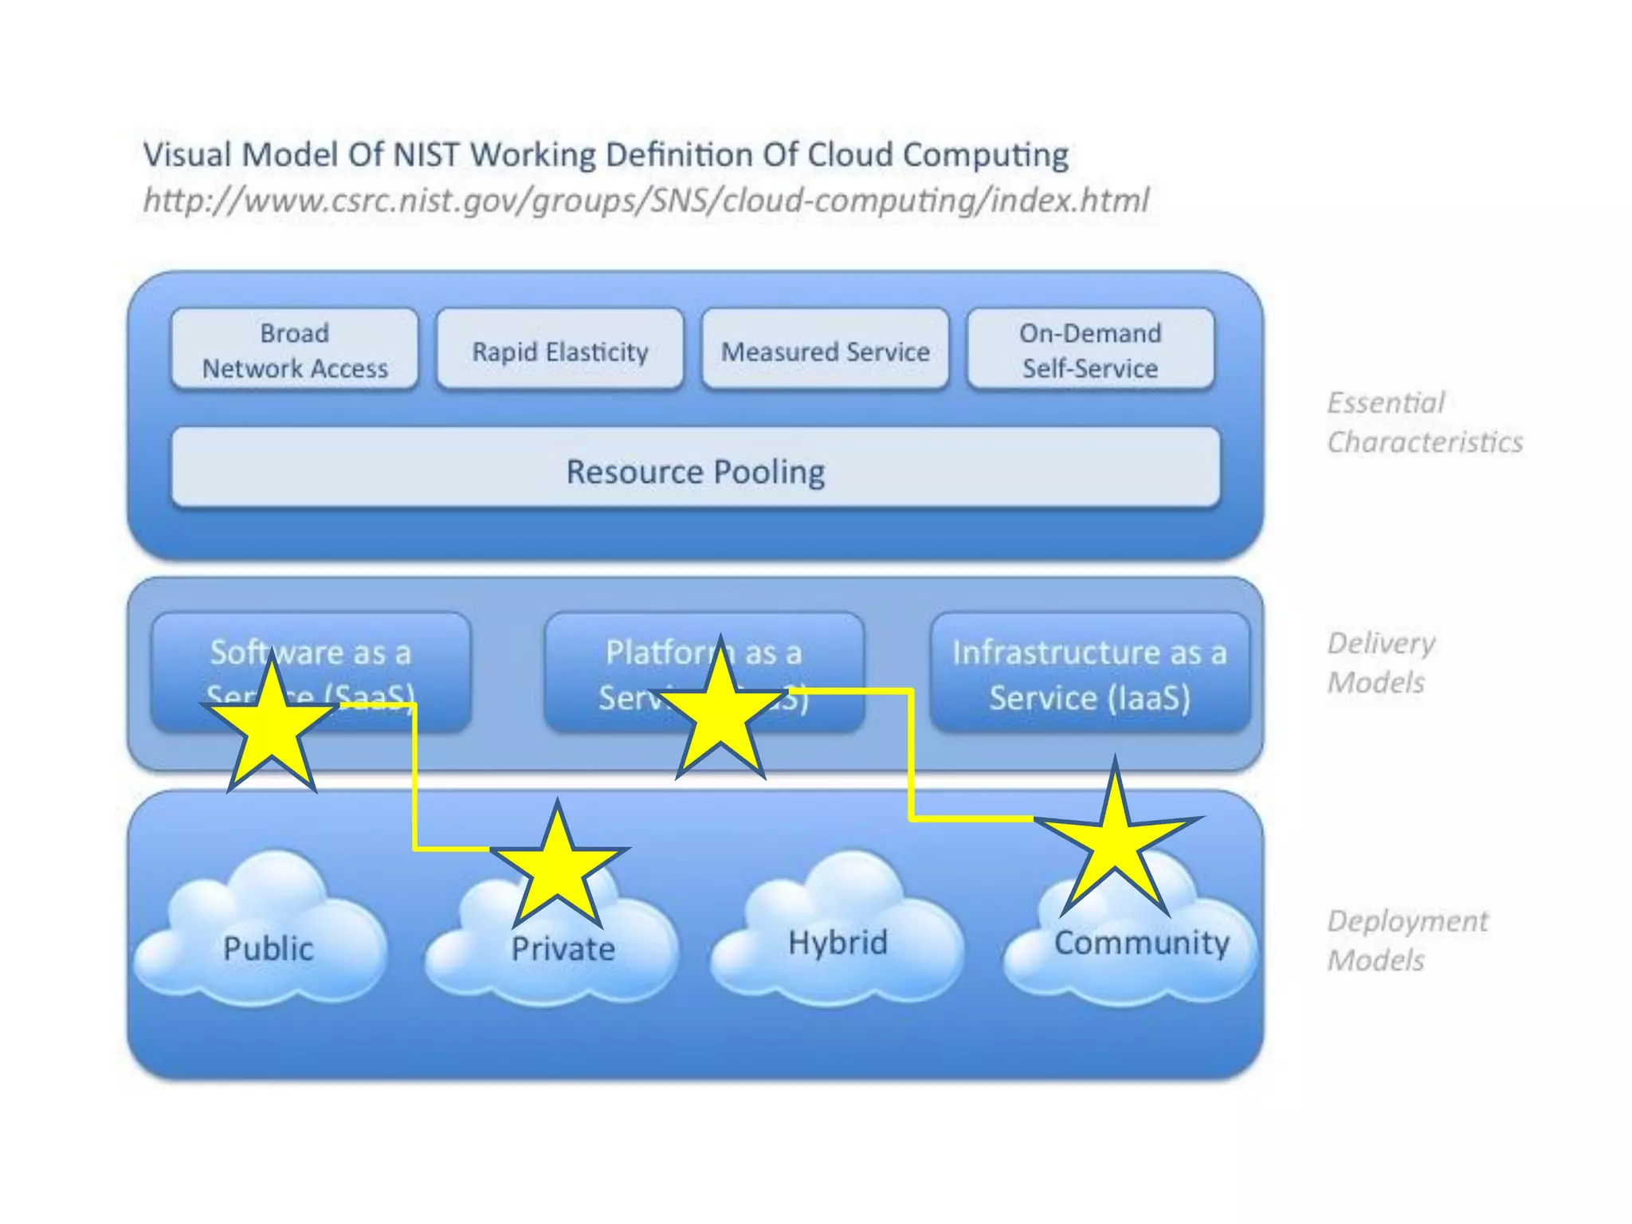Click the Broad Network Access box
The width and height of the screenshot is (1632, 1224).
click(x=294, y=350)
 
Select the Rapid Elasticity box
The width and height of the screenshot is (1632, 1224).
click(x=559, y=351)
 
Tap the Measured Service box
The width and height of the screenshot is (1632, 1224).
click(x=825, y=351)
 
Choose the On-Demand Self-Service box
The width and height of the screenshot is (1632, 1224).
click(x=1090, y=350)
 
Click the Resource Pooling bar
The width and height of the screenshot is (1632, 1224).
click(x=695, y=471)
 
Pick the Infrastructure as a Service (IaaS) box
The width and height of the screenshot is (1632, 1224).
click(x=1089, y=673)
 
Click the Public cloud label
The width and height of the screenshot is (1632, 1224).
click(x=268, y=948)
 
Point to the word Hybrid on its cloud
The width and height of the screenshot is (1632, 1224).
click(x=838, y=942)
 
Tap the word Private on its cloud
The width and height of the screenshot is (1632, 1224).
click(x=563, y=948)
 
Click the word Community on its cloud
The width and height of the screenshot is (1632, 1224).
click(x=1141, y=943)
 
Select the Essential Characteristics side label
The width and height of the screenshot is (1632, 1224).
click(x=1424, y=422)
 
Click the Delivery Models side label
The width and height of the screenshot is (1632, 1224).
click(x=1380, y=662)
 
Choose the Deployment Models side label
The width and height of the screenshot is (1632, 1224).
click(x=1406, y=940)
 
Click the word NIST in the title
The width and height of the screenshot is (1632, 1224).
click(x=427, y=155)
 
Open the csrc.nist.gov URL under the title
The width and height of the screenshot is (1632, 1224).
click(x=645, y=200)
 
